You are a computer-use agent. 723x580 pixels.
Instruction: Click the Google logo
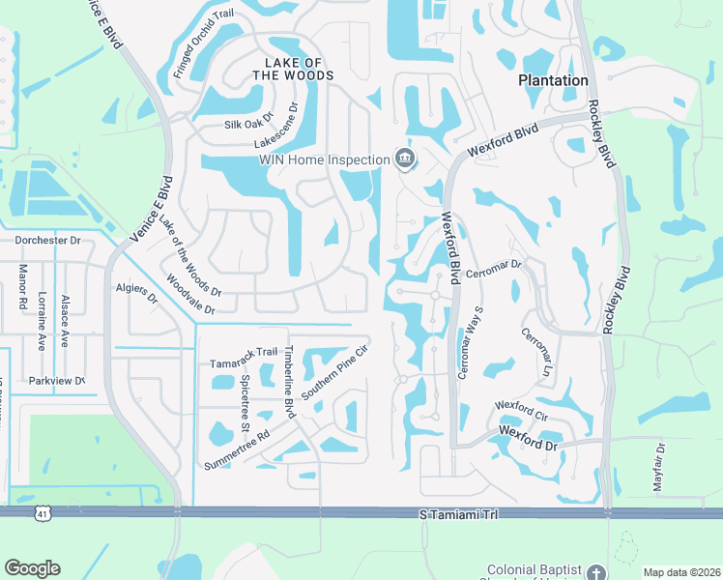coord(32,568)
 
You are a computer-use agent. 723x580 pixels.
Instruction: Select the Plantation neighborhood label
coord(553,80)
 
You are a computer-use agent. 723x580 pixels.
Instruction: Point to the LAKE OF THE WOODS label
coord(293,67)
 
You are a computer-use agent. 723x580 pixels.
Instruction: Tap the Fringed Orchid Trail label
coord(203,43)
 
